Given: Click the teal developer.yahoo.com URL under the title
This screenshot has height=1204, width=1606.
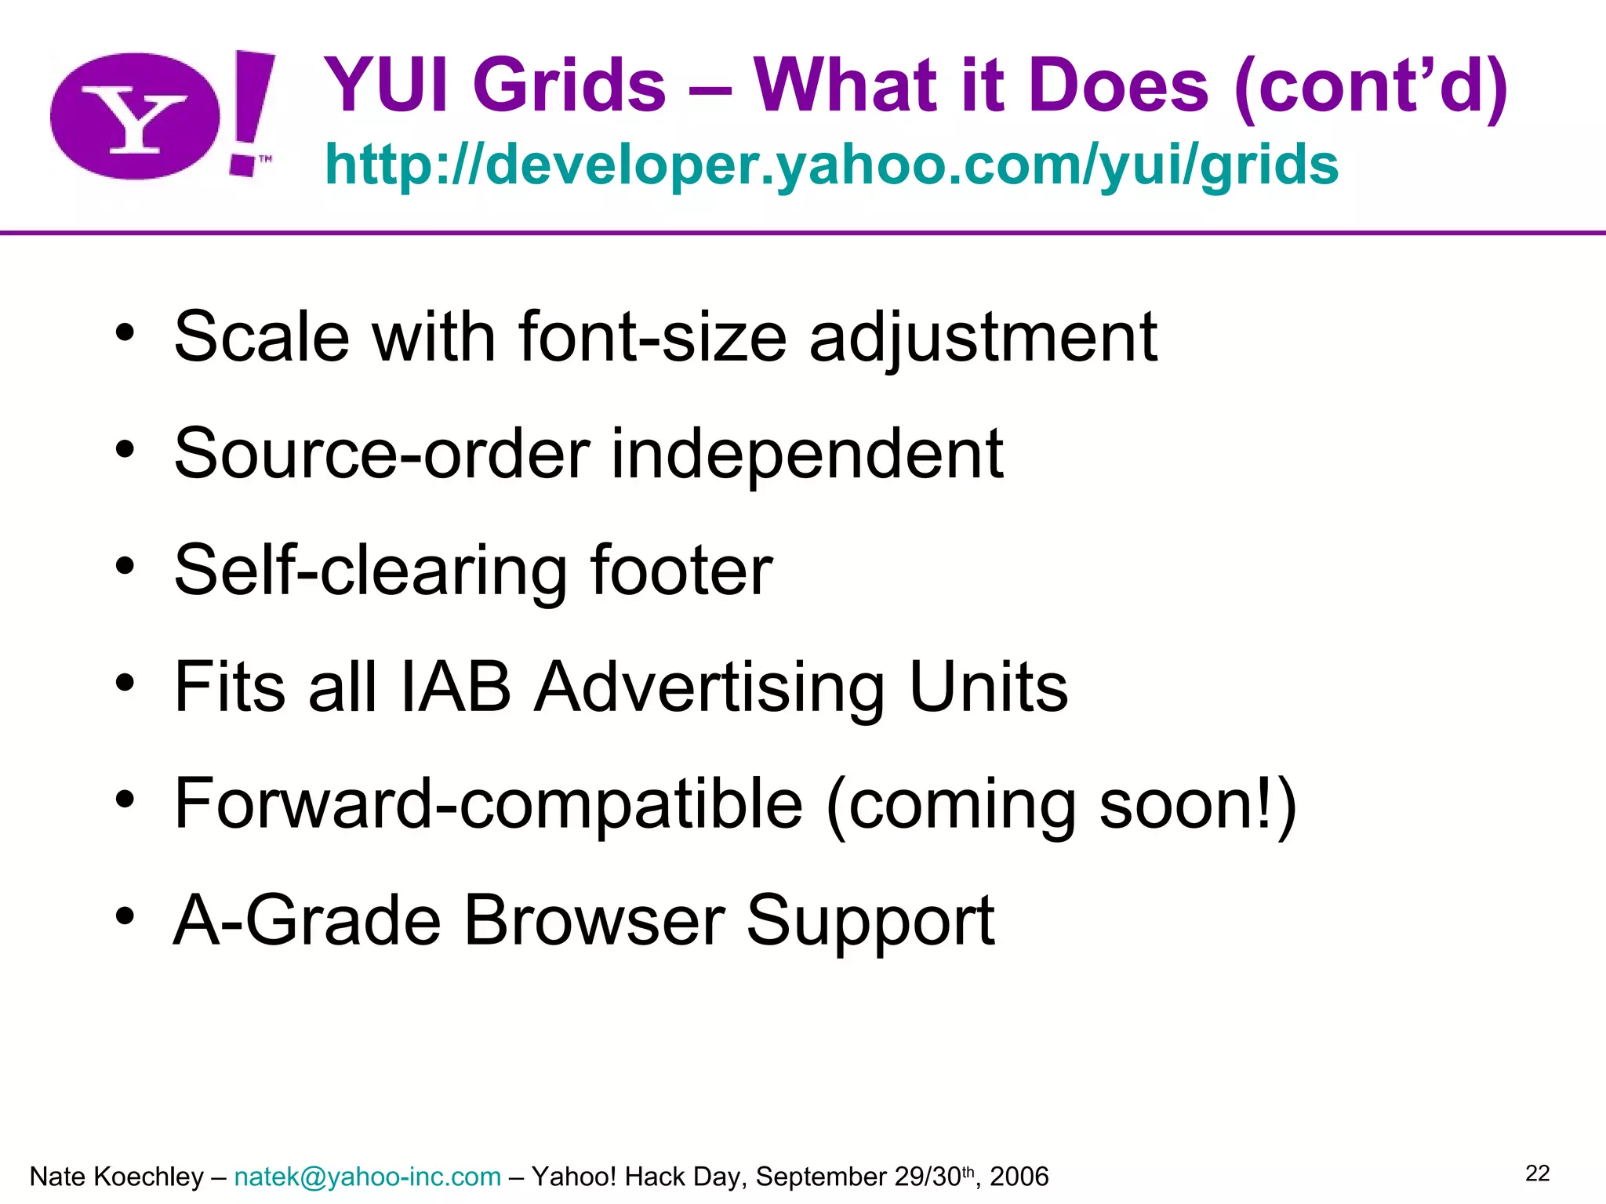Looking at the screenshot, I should coord(831,165).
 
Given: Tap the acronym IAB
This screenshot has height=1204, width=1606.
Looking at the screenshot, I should coord(456,687).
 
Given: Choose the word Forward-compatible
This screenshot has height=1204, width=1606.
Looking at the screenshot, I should coord(489,803).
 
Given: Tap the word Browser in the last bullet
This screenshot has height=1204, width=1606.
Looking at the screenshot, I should coord(594,920).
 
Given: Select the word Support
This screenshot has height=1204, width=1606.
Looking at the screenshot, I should coord(870,920).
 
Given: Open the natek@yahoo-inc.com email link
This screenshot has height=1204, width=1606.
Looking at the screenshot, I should coord(367,1177).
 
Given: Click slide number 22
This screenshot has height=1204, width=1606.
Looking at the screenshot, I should coord(1537,1173).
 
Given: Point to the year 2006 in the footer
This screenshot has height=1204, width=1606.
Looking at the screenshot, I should coord(1019,1177).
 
